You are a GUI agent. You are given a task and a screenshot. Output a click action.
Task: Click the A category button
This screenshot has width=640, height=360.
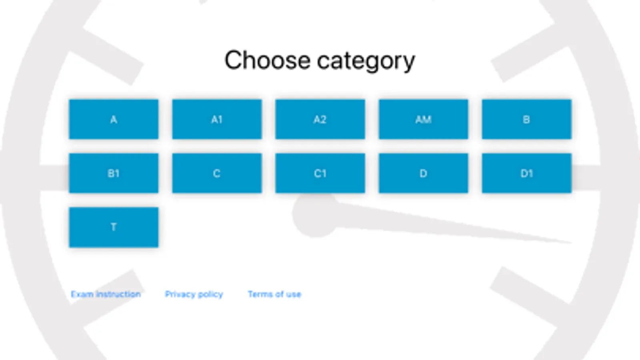114,119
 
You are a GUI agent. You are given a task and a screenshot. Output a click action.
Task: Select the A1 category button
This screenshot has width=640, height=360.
217,119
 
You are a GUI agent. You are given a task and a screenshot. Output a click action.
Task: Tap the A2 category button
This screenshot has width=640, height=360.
320,119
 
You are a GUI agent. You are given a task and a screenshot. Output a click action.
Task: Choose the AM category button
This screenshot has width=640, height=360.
423,119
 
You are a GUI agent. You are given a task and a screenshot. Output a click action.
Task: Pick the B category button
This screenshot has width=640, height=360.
526,119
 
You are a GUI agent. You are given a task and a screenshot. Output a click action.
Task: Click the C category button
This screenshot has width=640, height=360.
217,173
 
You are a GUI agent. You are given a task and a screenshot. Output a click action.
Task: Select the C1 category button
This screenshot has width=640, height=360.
320,173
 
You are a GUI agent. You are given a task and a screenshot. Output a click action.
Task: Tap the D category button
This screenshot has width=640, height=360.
423,173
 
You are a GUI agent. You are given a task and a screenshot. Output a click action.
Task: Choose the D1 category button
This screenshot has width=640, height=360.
526,173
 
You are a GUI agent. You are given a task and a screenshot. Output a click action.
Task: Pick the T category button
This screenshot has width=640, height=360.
114,227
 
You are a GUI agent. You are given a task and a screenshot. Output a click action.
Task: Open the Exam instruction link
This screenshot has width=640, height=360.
106,294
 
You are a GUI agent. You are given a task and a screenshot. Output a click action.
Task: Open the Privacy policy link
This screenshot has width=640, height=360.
194,294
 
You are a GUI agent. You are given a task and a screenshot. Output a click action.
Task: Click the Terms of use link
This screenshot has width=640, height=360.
275,294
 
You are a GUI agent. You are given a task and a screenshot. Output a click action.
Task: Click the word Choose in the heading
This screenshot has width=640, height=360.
267,60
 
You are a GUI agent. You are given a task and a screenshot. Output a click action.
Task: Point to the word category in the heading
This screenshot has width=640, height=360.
366,61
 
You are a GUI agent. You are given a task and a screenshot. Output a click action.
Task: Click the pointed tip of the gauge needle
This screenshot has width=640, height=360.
568,242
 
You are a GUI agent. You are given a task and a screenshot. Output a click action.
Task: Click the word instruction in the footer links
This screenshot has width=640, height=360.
118,294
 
